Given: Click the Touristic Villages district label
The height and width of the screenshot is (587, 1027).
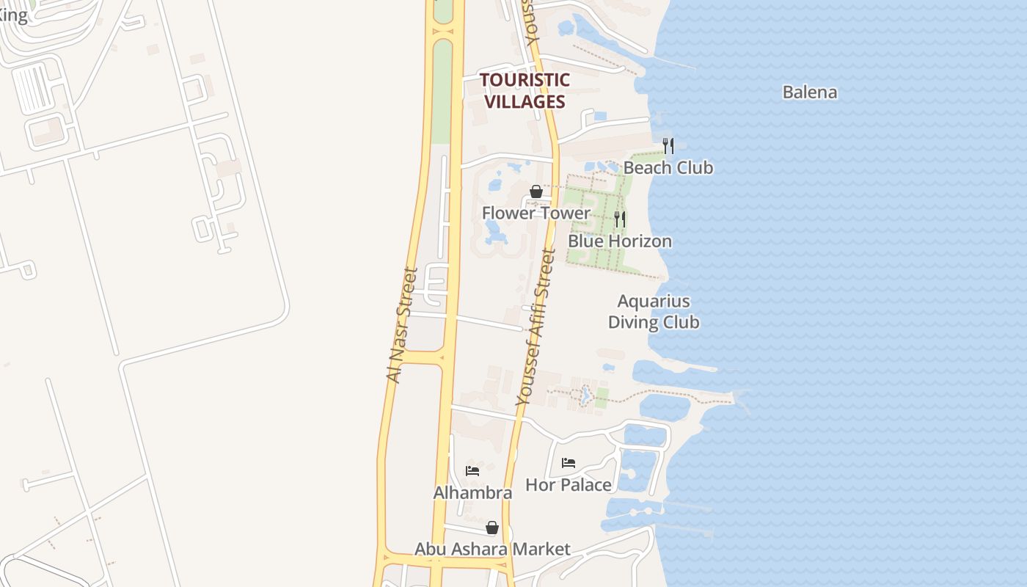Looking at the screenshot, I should tap(525, 90).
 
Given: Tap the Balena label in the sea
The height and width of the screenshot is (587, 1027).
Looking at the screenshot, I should tap(809, 92).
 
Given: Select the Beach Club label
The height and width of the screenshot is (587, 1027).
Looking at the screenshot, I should tap(668, 168).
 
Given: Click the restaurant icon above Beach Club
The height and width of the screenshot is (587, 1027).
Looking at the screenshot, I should tap(668, 145).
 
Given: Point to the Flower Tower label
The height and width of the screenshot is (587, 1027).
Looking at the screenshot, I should tap(536, 213).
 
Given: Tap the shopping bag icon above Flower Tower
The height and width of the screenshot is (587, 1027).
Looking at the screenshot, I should tap(536, 192).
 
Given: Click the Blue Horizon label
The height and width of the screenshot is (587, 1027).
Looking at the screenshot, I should tap(619, 241).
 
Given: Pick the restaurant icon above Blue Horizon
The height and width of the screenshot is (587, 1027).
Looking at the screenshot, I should tap(620, 219).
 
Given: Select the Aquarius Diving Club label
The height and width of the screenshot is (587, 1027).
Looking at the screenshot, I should tap(653, 312).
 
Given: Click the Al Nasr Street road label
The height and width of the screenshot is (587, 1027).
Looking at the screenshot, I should tap(402, 324).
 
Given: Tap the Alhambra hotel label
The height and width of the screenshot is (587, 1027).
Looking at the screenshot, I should tap(472, 493).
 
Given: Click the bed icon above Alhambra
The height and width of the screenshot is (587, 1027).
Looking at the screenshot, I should tap(472, 470).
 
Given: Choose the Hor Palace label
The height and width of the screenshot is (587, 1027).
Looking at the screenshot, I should tap(568, 485).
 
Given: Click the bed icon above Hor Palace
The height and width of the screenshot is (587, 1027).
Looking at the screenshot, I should tap(568, 463).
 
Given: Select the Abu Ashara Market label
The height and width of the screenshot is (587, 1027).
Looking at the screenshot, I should tap(492, 549).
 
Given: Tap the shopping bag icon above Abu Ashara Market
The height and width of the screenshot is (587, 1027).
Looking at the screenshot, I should tap(491, 528).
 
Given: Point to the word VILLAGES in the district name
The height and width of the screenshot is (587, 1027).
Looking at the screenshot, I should tap(525, 101).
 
